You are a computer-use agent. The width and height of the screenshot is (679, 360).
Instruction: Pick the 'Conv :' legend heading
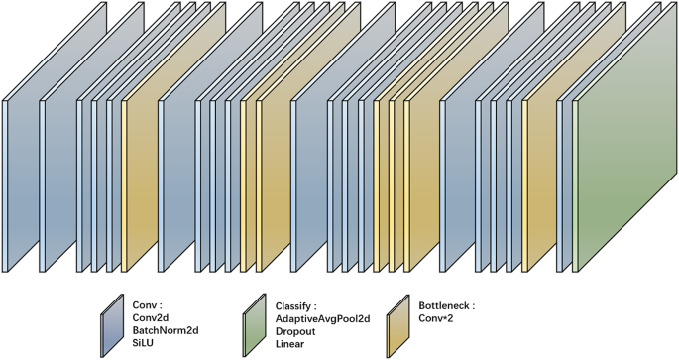146,304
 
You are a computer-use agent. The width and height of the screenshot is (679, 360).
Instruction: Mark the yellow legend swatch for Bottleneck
401,327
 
